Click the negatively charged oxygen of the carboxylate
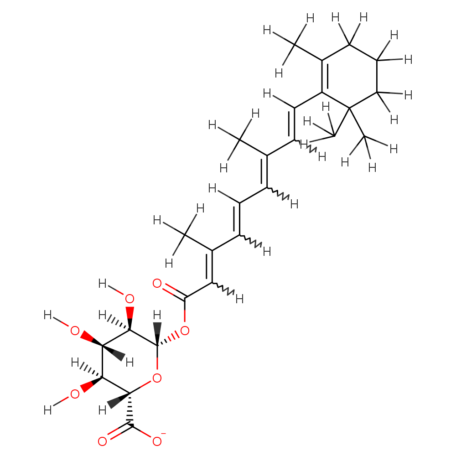(157, 441)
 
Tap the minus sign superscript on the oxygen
(163, 434)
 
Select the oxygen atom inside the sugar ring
(157, 378)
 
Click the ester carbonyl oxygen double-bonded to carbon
(157, 283)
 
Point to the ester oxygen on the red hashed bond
(185, 331)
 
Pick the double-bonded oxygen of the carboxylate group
(102, 441)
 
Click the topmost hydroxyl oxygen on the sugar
(130, 299)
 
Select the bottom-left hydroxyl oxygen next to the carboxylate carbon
(75, 394)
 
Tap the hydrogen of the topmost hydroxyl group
(102, 283)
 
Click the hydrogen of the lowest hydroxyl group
(47, 410)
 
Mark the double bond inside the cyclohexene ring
(325, 76)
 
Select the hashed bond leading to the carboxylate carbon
(130, 409)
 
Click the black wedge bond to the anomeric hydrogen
(157, 334)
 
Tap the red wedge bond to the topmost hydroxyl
(130, 318)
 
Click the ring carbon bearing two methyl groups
(349, 108)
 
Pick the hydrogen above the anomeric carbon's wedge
(157, 315)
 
